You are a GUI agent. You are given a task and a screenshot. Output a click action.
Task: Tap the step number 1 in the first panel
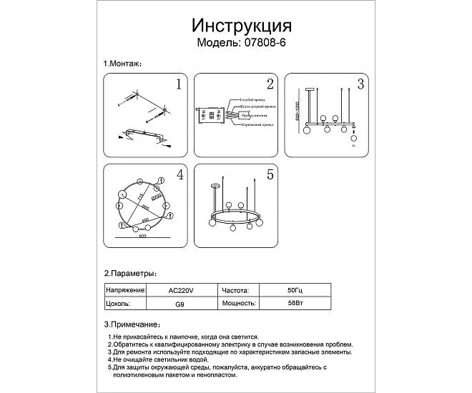[x=180, y=86]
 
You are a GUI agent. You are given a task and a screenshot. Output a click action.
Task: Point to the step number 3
[x=360, y=85]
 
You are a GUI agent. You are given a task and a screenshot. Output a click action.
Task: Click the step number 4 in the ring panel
[x=180, y=174]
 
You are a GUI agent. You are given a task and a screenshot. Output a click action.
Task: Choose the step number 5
[x=270, y=174]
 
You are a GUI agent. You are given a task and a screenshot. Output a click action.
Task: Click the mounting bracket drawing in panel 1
[x=146, y=135]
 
